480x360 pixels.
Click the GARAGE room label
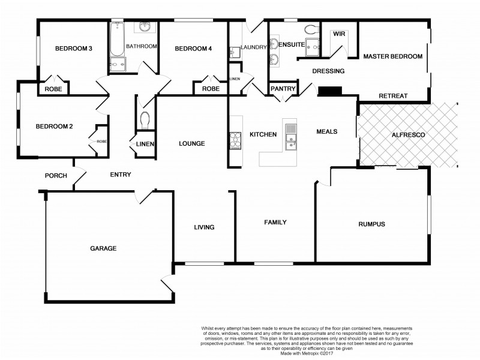[103, 248]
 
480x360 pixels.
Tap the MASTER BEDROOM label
[393, 56]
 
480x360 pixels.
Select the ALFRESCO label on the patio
[408, 136]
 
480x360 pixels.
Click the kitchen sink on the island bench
[291, 135]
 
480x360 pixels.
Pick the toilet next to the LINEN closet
[144, 120]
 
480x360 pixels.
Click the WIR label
[339, 34]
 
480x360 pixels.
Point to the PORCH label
[56, 176]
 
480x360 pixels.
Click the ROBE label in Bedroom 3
[53, 89]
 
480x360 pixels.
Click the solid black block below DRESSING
[329, 91]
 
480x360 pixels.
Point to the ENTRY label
[121, 175]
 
